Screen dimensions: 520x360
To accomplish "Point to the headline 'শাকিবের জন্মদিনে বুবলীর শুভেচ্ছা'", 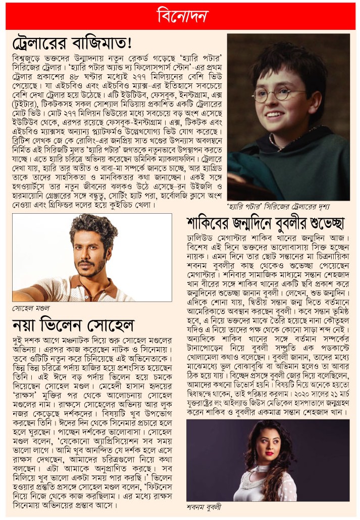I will tap(265, 222).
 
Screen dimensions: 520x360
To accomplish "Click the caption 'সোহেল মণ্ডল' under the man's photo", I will tap(31, 308).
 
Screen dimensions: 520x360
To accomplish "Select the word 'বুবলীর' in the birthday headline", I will tap(294, 222).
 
